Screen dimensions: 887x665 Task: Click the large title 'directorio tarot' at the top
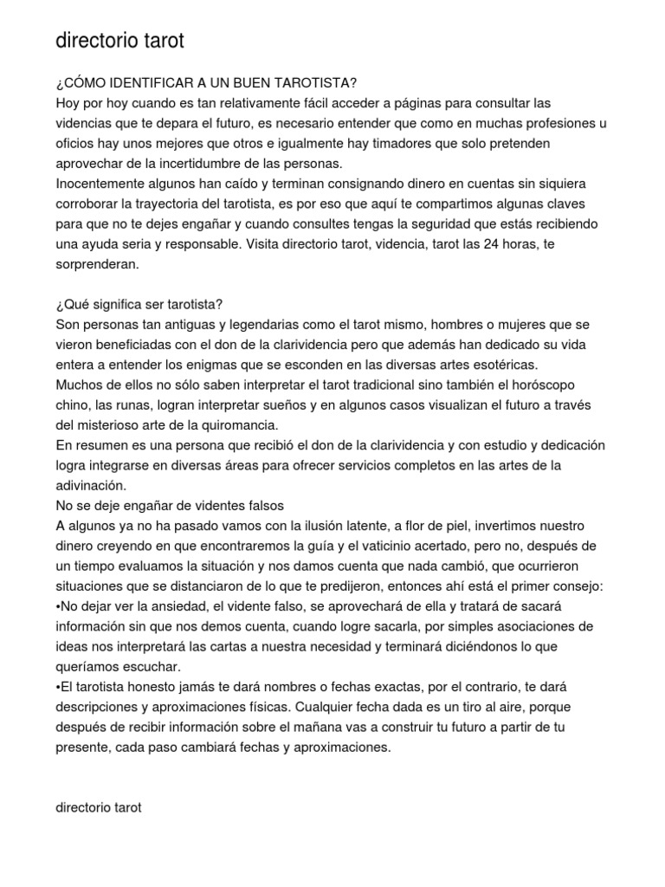(x=119, y=41)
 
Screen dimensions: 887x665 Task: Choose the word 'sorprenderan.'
(x=96, y=264)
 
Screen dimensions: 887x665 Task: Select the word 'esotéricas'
(x=504, y=364)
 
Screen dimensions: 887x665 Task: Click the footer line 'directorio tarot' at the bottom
(x=98, y=806)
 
